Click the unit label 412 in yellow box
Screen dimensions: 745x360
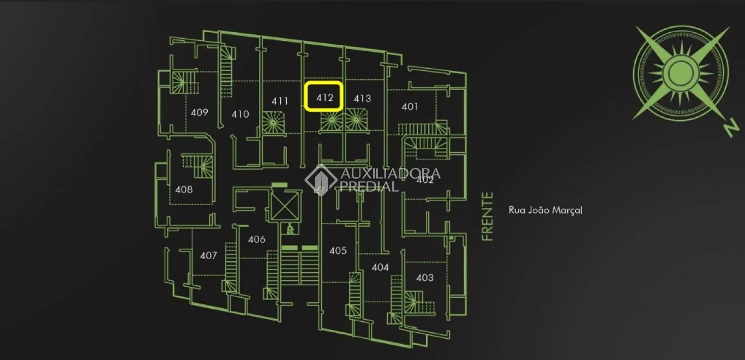tap(325, 98)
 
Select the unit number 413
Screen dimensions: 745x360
tap(362, 99)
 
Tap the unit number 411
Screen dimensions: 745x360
tap(280, 101)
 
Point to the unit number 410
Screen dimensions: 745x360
tap(240, 115)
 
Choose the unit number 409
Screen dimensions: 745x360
tap(199, 112)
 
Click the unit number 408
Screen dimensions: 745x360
tap(184, 190)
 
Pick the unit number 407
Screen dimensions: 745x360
tap(208, 255)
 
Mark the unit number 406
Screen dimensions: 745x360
tap(257, 239)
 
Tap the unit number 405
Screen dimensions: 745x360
tap(338, 250)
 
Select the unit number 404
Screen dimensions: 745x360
tap(380, 267)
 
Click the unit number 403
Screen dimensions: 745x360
tap(425, 278)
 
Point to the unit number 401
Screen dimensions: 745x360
tap(410, 107)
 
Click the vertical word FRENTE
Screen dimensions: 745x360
tap(487, 217)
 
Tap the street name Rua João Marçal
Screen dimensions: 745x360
tap(545, 211)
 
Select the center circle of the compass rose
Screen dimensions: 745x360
tap(681, 74)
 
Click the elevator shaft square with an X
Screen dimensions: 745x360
tap(285, 206)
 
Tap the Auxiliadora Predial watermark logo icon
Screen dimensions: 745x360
tap(321, 179)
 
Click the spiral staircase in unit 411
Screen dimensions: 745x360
tap(273, 123)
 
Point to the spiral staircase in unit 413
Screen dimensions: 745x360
tap(356, 120)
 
